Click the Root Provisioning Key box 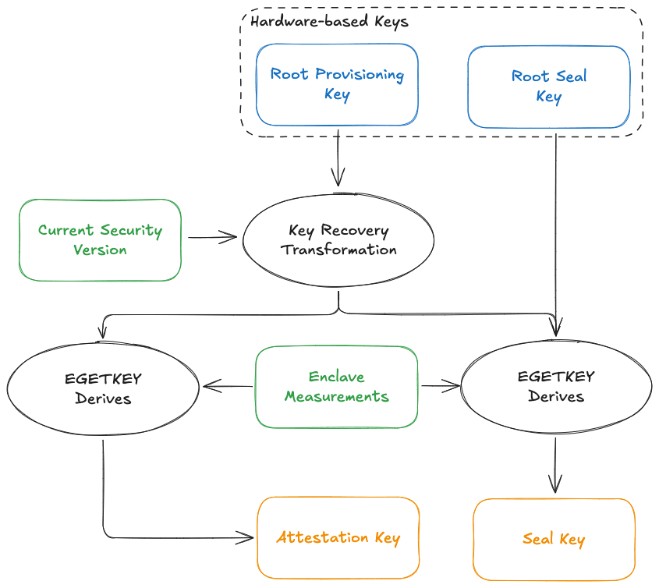point(337,84)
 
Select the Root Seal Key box point(548,87)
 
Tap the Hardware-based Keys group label point(329,22)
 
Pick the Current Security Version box point(100,240)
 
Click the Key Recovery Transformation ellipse point(338,240)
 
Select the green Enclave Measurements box point(336,387)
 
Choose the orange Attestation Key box point(338,538)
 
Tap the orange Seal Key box point(554,540)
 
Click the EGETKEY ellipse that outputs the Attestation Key point(103,388)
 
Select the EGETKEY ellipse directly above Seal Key point(556,387)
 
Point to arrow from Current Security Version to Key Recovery point(212,238)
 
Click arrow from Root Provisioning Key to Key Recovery point(338,159)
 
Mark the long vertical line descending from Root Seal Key point(556,226)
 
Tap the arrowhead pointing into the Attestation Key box point(249,537)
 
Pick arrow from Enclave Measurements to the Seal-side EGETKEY point(441,384)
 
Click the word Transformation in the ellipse point(339,250)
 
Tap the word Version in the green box point(100,250)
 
